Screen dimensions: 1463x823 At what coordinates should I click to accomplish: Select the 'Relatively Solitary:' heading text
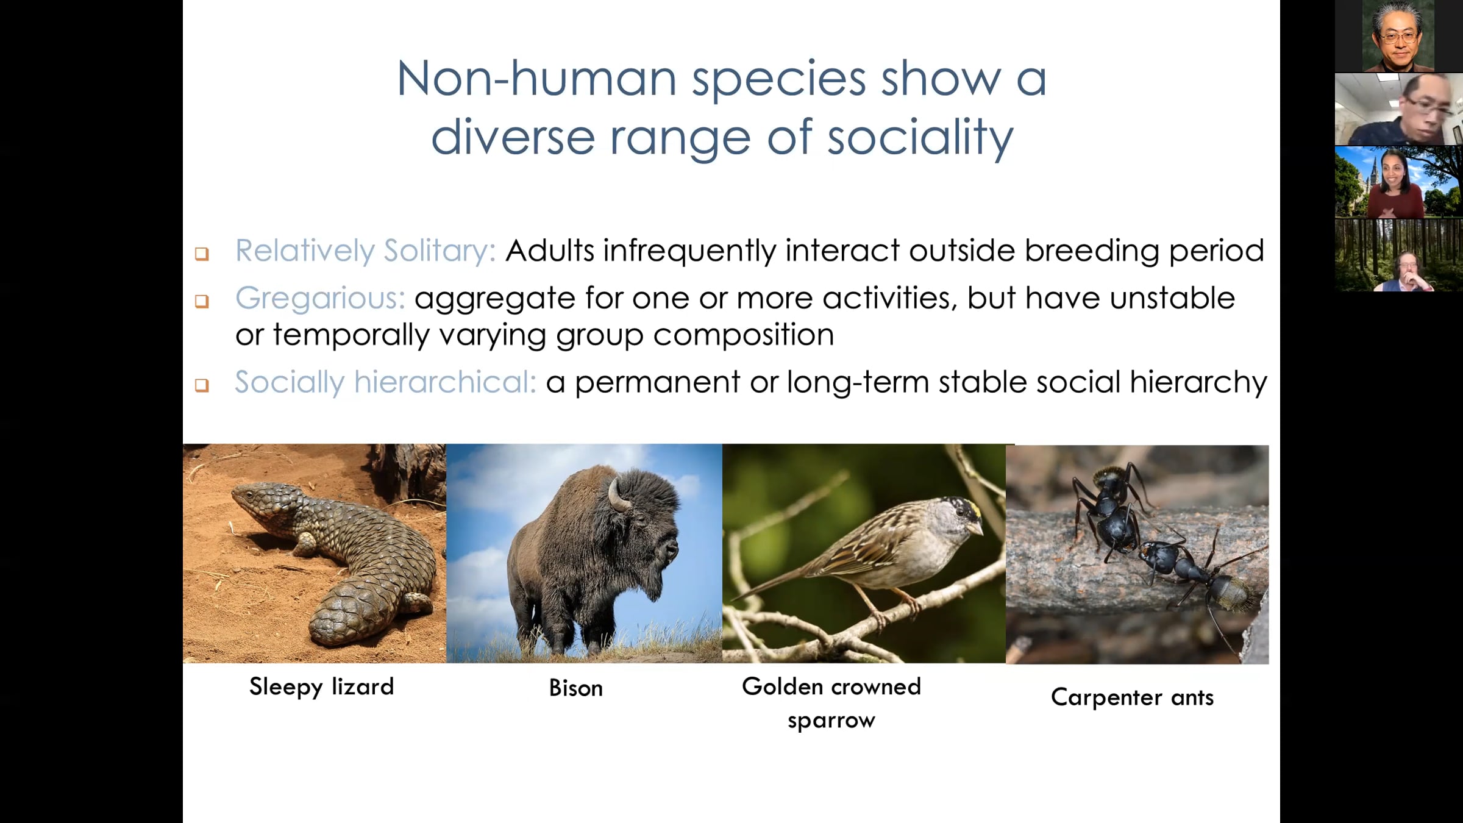pos(366,251)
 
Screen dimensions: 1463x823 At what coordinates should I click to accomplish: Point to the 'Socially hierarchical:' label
pos(385,382)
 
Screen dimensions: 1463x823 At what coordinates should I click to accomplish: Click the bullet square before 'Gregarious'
pos(202,301)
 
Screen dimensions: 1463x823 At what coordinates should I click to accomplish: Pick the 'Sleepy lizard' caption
pos(322,687)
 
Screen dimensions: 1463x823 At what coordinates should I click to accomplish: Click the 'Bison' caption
pos(576,688)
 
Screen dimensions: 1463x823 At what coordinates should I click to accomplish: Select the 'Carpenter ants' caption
pos(1132,697)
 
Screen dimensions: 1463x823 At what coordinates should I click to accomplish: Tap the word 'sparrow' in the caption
pos(831,721)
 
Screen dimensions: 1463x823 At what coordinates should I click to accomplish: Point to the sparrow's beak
pos(975,527)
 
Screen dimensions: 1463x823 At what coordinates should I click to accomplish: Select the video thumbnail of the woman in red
pos(1398,182)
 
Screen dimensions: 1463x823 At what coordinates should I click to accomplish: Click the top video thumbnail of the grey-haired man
pos(1398,36)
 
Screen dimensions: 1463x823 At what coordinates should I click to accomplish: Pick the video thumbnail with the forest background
pos(1398,255)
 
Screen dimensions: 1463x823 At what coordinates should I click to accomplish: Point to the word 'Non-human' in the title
pos(536,79)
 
